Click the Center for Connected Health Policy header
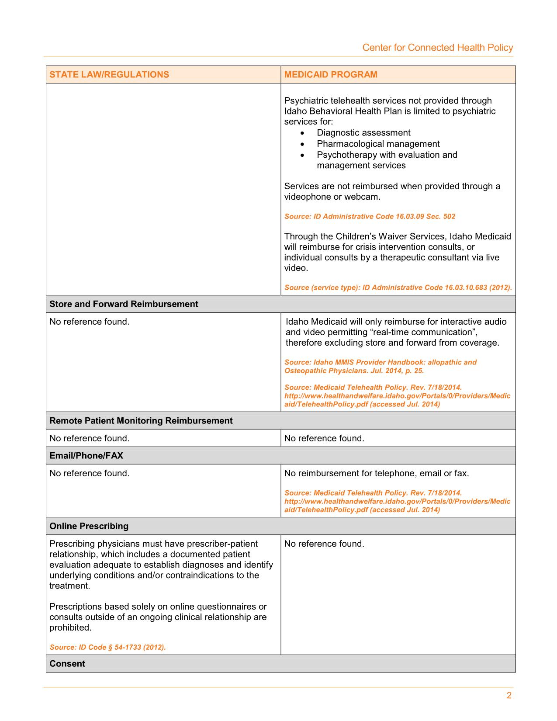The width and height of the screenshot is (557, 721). (437, 48)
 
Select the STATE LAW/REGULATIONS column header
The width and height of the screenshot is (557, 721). (109, 75)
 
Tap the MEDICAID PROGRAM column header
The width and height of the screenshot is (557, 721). (331, 75)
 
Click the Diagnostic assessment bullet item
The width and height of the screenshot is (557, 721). (363, 133)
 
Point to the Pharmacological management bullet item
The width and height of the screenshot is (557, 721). (378, 144)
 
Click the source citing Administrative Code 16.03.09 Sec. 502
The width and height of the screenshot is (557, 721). (370, 216)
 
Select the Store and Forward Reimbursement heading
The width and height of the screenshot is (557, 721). (124, 304)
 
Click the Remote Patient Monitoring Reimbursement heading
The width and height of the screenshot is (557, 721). (141, 421)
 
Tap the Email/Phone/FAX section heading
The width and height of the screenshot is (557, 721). (86, 456)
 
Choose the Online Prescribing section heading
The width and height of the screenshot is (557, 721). (89, 526)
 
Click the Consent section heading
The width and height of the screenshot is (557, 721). (67, 664)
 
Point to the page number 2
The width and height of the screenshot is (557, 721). (509, 696)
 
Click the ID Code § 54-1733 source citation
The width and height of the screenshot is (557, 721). (107, 647)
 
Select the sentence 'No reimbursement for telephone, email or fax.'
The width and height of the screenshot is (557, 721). (376, 473)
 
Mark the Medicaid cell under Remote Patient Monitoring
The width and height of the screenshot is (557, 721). (324, 438)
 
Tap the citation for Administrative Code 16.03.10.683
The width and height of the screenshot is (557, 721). (398, 288)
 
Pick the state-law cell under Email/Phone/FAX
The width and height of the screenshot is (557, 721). (90, 473)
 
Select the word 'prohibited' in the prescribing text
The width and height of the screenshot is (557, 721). (70, 628)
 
